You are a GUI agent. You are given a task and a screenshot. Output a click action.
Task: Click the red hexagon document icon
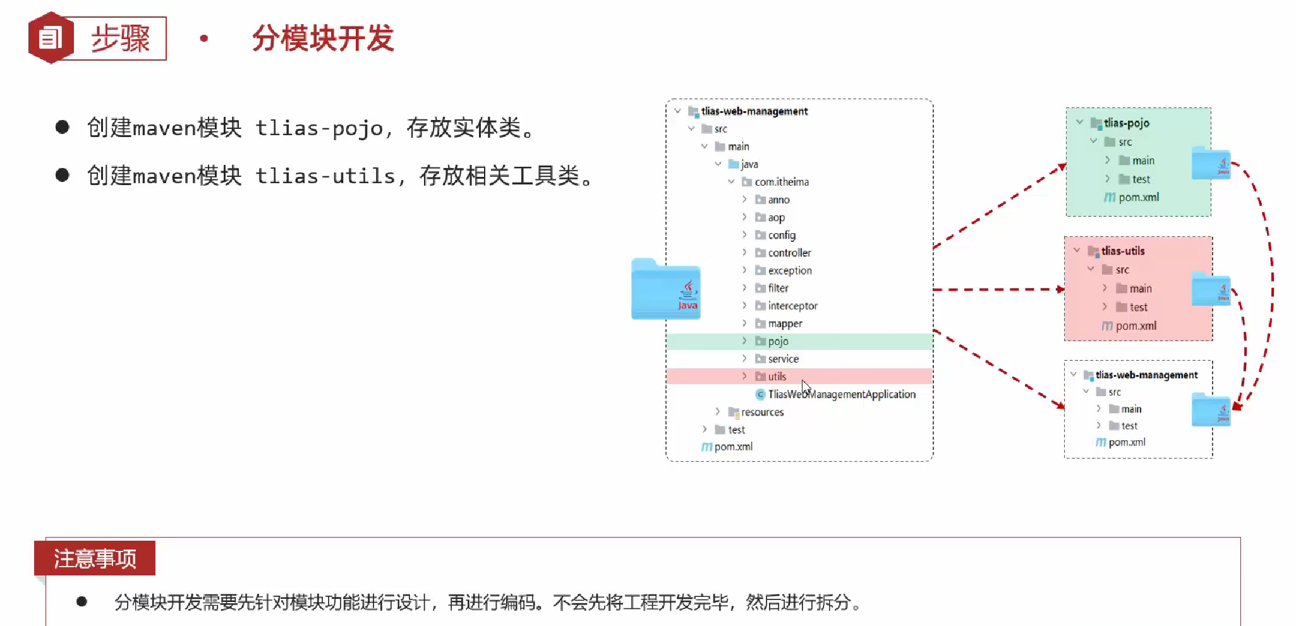tap(51, 38)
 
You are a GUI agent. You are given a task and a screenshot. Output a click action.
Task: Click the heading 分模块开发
tap(323, 38)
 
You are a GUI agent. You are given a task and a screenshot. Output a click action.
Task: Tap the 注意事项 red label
tap(95, 558)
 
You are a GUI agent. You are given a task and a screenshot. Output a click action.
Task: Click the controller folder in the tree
tap(789, 253)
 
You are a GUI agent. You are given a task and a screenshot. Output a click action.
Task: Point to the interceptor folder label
tap(792, 306)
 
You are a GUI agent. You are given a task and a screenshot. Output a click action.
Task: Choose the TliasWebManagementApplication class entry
tap(841, 394)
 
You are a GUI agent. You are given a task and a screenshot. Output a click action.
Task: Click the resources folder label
tap(762, 412)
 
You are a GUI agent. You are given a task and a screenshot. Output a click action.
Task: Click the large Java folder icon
tap(665, 290)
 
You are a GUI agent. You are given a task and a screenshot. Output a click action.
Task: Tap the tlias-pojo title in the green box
tap(1126, 123)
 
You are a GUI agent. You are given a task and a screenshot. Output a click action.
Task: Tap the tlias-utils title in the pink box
tap(1123, 251)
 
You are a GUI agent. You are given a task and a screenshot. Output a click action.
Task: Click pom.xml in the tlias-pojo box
tap(1138, 197)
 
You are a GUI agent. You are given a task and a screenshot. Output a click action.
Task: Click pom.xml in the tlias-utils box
tap(1136, 326)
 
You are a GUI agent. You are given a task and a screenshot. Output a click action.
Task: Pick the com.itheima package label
tap(782, 182)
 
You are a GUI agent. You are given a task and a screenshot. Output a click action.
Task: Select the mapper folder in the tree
tap(785, 323)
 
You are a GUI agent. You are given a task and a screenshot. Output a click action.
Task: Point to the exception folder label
tap(790, 270)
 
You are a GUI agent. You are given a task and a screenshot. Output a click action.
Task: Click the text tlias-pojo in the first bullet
tap(319, 128)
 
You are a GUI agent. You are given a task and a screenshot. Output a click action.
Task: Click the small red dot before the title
tap(203, 39)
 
